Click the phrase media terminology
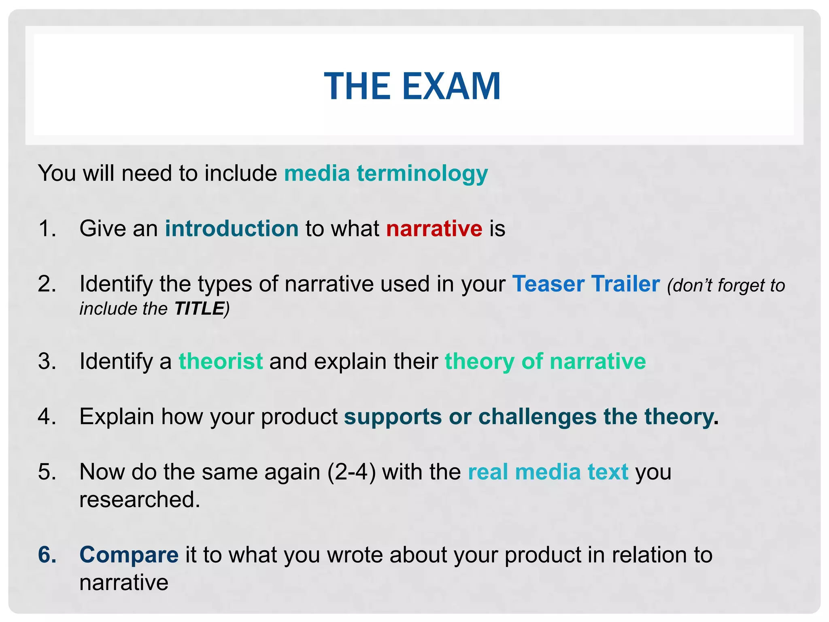tap(386, 173)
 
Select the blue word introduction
tap(232, 228)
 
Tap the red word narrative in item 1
tap(434, 228)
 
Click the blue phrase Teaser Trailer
tap(586, 283)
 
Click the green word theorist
tap(221, 361)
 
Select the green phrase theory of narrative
tap(545, 361)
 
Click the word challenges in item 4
tap(537, 416)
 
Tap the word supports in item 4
tap(393, 416)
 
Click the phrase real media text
tap(548, 472)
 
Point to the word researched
tap(139, 499)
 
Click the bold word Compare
tap(129, 554)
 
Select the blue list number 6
tap(47, 554)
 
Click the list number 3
tap(47, 361)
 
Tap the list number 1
tap(47, 228)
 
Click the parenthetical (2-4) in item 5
tap(351, 472)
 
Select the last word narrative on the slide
tap(123, 582)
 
